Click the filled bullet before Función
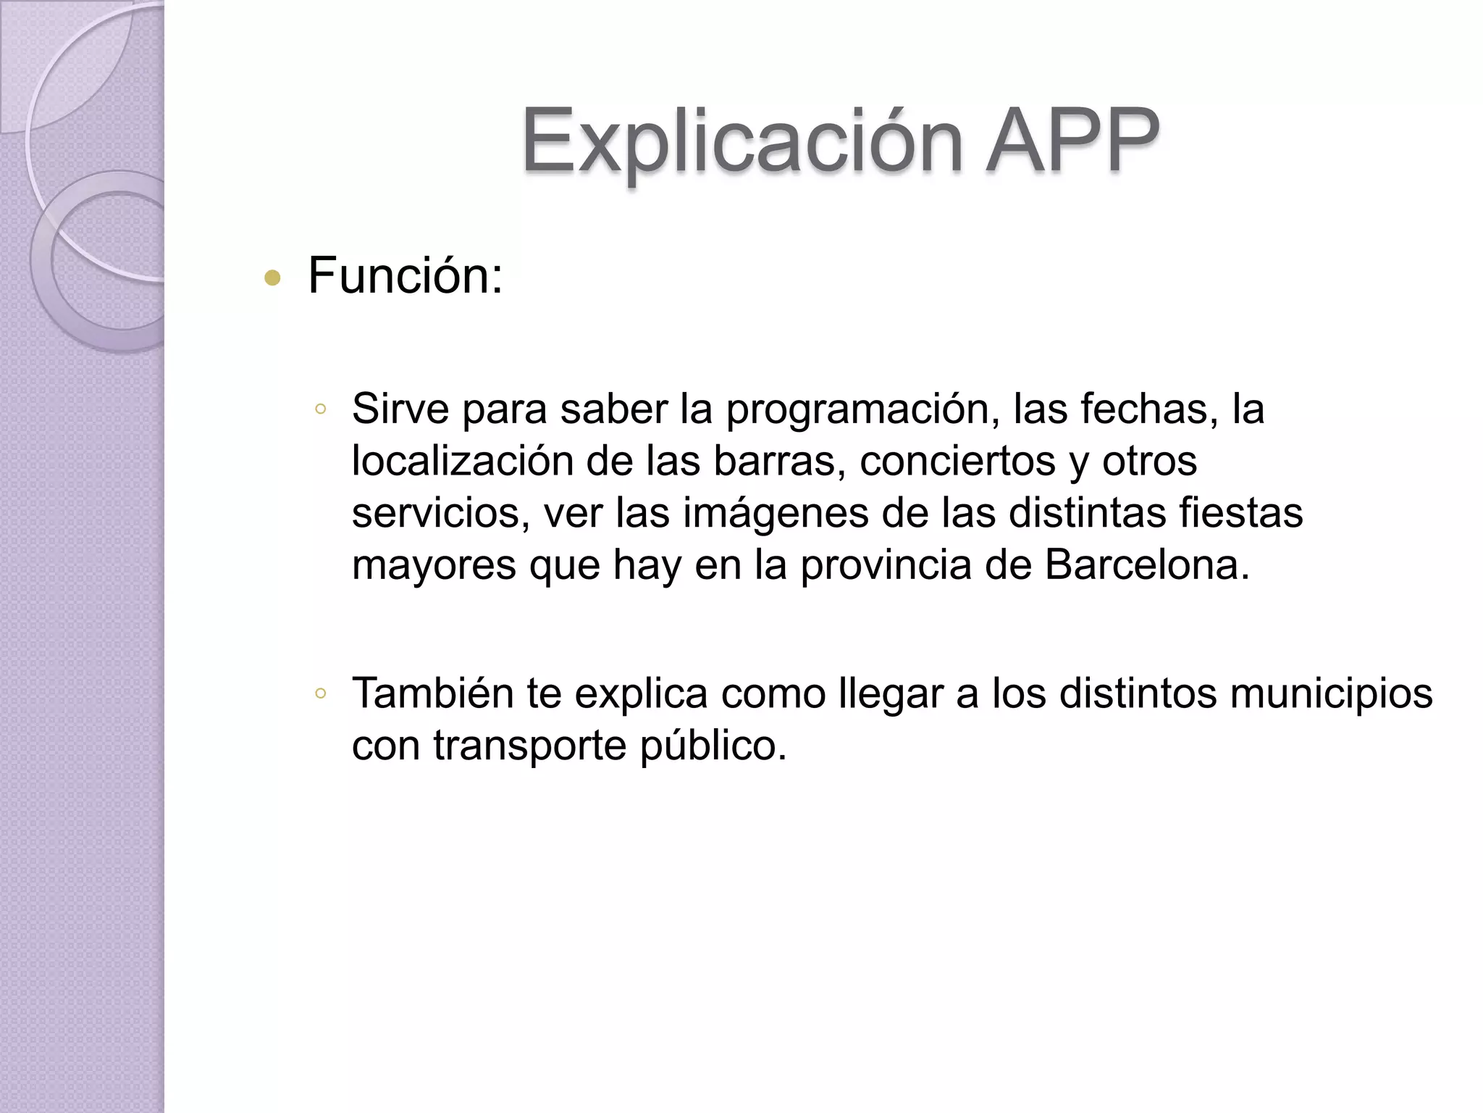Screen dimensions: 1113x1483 (x=272, y=278)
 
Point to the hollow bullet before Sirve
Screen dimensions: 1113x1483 (x=321, y=409)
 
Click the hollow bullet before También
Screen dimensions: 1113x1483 (x=321, y=693)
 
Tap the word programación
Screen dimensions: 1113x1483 (x=857, y=410)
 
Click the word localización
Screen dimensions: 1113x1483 (x=462, y=461)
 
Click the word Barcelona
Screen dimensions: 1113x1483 (x=1147, y=564)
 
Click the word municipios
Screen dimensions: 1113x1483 (x=1331, y=694)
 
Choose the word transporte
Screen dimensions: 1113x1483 (x=529, y=746)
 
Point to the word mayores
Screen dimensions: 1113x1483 (x=434, y=566)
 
